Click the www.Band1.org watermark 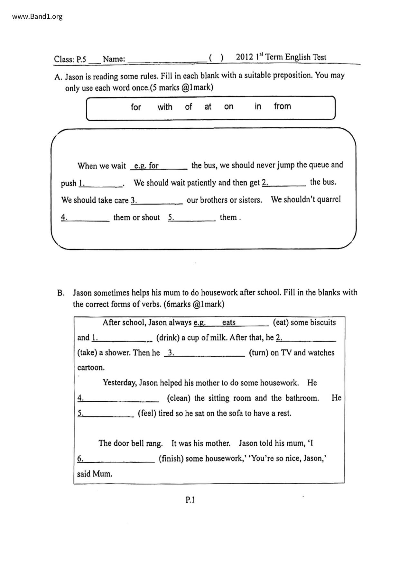[37, 16]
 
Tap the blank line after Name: [167, 60]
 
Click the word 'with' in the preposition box [165, 107]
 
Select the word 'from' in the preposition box [282, 106]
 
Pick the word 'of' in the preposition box [188, 107]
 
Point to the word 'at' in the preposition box [208, 107]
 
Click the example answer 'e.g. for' [146, 166]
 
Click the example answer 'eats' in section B [229, 323]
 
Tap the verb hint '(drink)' [168, 338]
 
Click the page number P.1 [190, 500]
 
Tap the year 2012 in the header [245, 57]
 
